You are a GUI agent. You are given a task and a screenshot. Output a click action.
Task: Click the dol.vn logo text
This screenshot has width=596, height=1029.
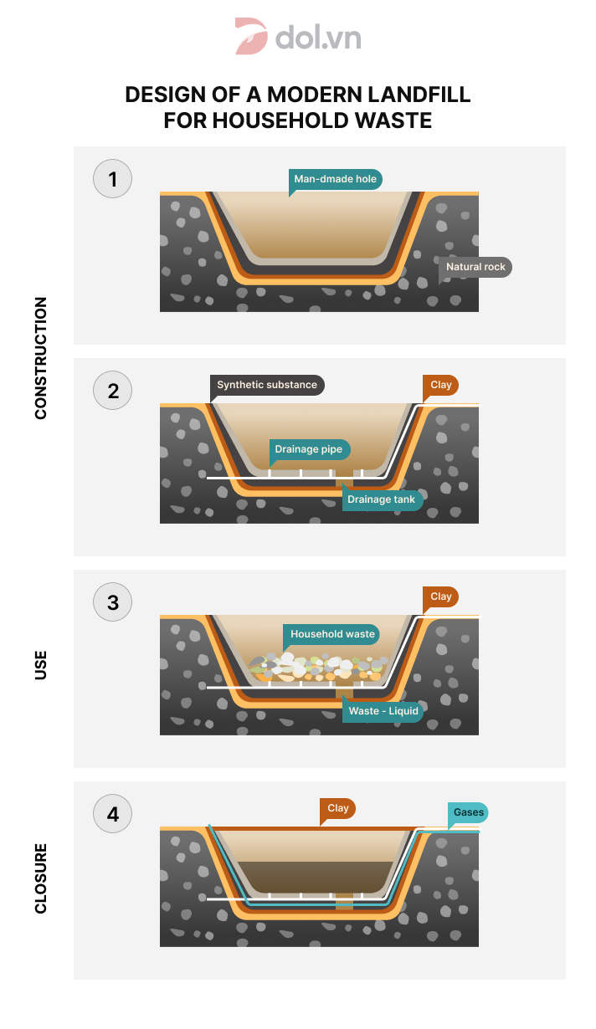tap(318, 37)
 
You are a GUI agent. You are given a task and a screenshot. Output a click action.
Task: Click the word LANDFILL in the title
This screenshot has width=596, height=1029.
tap(419, 95)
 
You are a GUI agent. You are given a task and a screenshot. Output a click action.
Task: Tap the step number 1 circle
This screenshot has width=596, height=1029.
tap(112, 179)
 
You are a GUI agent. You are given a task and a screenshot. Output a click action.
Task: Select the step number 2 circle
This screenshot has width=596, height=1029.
tap(112, 391)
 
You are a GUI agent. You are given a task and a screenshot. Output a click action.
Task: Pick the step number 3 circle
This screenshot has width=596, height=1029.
tap(112, 602)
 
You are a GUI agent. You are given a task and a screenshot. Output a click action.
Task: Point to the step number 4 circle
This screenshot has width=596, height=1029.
tap(112, 813)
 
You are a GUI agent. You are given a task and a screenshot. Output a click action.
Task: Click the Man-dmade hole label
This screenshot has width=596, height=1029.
tap(336, 179)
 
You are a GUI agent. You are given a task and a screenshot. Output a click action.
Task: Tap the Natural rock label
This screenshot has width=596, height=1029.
tap(475, 267)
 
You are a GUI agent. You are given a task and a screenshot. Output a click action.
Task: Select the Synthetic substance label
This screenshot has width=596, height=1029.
tap(267, 385)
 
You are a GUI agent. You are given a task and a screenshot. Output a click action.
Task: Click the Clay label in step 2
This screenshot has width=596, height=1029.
tap(440, 385)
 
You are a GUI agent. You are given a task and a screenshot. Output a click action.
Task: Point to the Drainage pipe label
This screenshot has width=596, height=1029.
tap(309, 449)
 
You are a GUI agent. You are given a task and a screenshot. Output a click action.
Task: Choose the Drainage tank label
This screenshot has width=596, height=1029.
tap(382, 499)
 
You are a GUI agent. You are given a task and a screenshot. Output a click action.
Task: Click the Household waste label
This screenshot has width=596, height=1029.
tap(332, 634)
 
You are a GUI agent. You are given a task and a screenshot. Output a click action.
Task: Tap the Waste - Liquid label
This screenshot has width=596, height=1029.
tap(383, 711)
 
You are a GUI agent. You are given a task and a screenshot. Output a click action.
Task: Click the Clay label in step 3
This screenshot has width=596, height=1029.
tap(440, 596)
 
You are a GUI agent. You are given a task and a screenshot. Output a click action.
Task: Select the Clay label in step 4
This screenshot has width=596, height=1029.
tap(337, 808)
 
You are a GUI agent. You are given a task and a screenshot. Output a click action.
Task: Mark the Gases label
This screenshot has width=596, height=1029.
tap(468, 812)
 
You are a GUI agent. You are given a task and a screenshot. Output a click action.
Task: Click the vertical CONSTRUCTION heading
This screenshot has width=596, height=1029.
tap(41, 358)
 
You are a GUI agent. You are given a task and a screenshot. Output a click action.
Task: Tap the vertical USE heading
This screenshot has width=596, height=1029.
tap(41, 665)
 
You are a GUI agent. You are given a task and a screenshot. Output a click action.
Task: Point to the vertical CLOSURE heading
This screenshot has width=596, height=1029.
tap(41, 878)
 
